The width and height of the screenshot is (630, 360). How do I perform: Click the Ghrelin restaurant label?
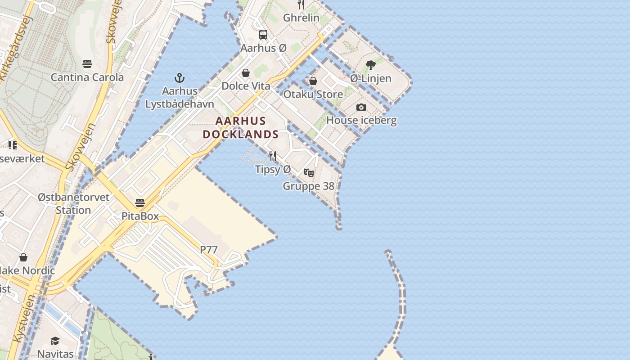click(301, 18)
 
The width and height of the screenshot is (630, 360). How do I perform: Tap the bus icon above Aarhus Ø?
click(263, 35)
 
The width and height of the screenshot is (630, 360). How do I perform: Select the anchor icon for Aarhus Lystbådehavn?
click(180, 78)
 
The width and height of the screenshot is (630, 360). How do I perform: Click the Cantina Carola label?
click(87, 77)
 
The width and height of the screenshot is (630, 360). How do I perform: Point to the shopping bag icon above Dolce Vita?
click(246, 73)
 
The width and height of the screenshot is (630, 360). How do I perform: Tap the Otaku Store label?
click(313, 94)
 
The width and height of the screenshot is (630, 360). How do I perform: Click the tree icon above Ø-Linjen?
click(370, 65)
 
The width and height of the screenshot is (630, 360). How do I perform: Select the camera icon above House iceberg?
click(361, 108)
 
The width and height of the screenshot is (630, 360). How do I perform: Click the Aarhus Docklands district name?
click(241, 128)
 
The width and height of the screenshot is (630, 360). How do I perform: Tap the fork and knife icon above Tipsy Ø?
click(273, 156)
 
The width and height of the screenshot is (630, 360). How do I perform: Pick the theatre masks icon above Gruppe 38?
click(309, 173)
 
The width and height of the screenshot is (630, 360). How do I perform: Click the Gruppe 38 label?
click(308, 186)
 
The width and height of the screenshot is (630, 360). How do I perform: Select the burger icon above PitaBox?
click(140, 203)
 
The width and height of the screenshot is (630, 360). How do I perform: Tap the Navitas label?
click(55, 354)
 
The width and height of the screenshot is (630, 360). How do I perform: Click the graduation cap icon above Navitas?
click(55, 341)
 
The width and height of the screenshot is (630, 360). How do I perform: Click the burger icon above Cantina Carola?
click(87, 64)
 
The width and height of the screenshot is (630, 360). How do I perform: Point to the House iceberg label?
click(361, 121)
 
